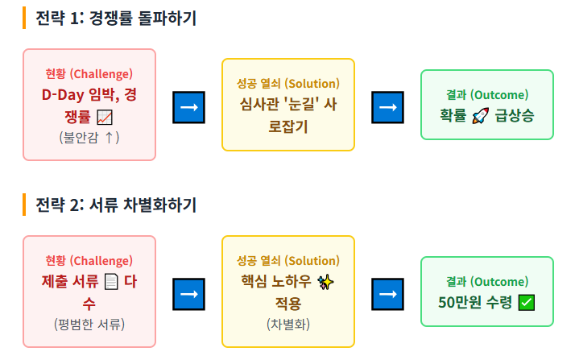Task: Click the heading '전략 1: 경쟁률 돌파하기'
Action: (116, 18)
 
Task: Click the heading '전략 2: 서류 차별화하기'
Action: (116, 205)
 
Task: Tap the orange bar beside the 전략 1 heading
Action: (25, 18)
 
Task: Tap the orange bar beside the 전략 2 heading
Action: (25, 205)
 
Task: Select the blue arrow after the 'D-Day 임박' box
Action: (188, 107)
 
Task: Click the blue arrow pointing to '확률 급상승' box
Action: (387, 107)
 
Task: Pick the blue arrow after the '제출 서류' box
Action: (188, 294)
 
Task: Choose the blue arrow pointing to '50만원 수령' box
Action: (387, 294)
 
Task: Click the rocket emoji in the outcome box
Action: (480, 115)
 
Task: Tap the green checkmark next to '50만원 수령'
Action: (527, 303)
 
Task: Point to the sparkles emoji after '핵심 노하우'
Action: (325, 282)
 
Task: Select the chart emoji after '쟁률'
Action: (105, 117)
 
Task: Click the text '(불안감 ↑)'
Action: (89, 137)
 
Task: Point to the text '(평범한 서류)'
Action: (89, 324)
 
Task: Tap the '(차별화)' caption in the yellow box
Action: (287, 324)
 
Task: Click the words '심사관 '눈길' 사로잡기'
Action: (287, 114)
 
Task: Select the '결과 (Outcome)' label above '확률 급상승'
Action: (487, 94)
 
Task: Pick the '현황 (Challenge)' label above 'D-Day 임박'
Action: (89, 74)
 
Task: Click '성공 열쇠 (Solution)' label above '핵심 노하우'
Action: (287, 261)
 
